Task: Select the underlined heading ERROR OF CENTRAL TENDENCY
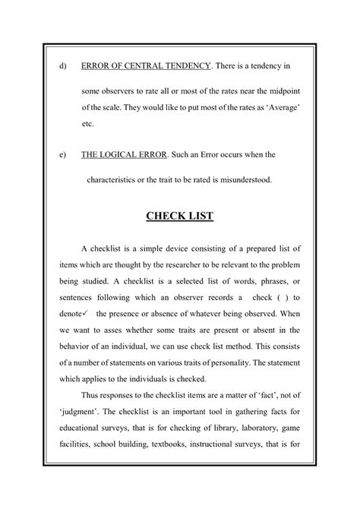tap(146, 67)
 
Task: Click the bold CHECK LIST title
tap(179, 217)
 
